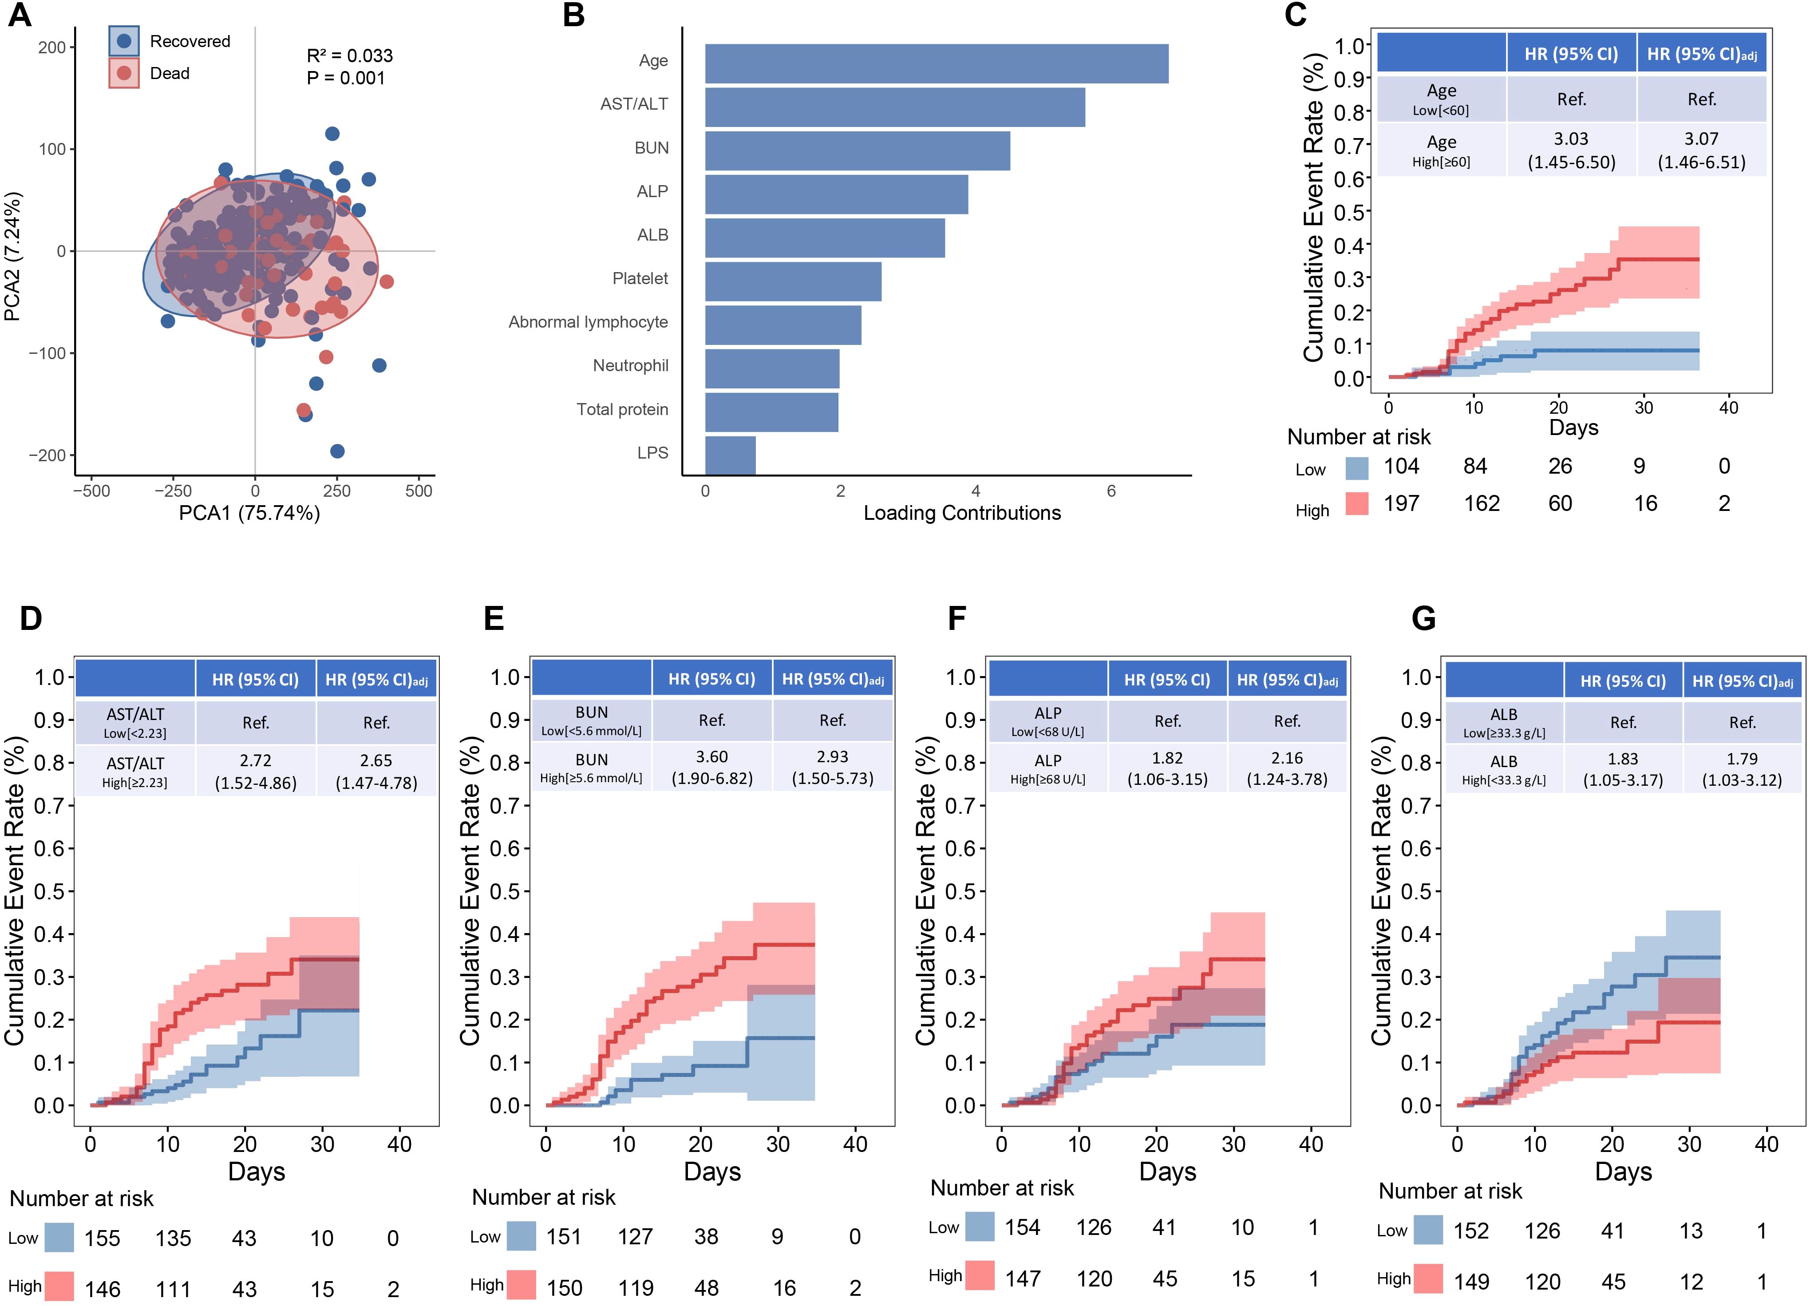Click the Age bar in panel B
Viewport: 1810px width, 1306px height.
[x=936, y=64]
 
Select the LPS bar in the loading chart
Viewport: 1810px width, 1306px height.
[x=730, y=455]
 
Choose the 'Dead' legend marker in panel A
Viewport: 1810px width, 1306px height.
[x=124, y=73]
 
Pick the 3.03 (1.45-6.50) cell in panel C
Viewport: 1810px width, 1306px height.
[x=1571, y=150]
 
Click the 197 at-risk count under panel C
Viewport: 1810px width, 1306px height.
[x=1401, y=504]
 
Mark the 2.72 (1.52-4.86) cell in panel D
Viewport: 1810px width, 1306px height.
[x=255, y=771]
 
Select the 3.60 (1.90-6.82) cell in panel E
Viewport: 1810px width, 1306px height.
[x=712, y=767]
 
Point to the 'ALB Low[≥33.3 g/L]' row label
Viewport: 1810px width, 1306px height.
[x=1504, y=722]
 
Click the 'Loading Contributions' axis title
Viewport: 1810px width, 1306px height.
[x=962, y=513]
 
